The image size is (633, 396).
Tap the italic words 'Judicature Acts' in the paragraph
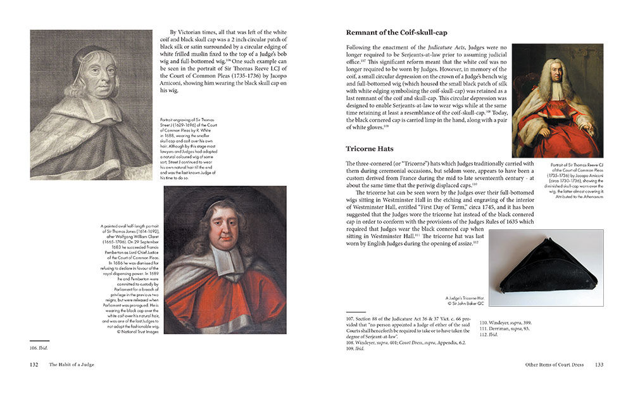point(446,46)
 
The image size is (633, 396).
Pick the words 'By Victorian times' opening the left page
point(196,31)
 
